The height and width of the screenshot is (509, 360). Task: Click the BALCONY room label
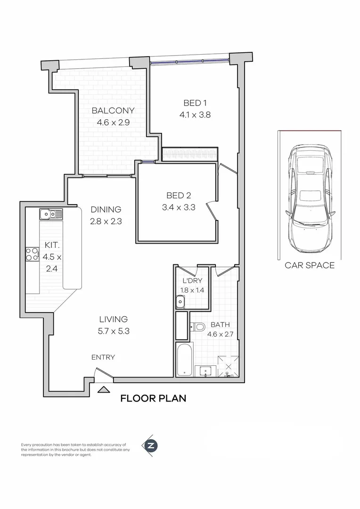click(x=113, y=111)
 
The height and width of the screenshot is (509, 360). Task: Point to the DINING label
click(x=106, y=210)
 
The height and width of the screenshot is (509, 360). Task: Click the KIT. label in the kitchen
click(x=52, y=245)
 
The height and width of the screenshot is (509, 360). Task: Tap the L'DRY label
click(x=192, y=280)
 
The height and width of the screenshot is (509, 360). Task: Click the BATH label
click(x=220, y=325)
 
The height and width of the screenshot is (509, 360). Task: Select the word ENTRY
click(x=103, y=357)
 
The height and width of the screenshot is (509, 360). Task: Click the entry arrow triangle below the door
click(x=104, y=389)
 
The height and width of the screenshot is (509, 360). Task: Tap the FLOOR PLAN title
click(x=153, y=398)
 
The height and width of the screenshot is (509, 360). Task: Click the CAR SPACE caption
click(x=310, y=265)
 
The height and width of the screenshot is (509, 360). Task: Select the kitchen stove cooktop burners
click(x=33, y=254)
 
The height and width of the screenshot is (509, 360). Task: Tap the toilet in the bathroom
click(x=198, y=326)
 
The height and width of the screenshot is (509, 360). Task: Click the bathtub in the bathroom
click(x=184, y=359)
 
